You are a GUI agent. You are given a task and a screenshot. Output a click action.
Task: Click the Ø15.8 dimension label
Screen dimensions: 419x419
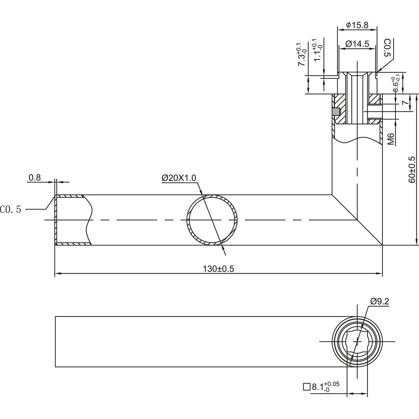coord(357,25)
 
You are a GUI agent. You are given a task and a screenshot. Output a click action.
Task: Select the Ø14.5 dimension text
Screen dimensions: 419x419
coord(357,44)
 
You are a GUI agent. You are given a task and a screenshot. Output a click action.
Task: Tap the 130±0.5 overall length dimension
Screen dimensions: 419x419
coord(218,269)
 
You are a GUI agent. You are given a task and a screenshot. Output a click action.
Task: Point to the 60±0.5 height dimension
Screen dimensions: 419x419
coord(412,170)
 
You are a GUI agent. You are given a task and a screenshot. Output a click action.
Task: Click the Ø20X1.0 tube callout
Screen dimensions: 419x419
coord(179,178)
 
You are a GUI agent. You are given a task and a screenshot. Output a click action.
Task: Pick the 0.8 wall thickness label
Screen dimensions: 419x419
coord(34,178)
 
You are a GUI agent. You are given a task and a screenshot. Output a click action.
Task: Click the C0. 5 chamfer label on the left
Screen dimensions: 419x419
coord(11,209)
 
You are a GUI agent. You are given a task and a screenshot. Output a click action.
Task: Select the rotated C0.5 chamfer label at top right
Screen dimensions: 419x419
coord(387,48)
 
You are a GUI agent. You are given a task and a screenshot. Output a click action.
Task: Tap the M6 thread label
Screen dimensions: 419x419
coord(391,139)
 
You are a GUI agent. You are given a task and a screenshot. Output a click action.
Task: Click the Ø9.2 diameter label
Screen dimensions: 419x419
coord(380,301)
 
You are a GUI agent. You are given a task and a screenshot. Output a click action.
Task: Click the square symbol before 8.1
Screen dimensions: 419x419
coord(307,387)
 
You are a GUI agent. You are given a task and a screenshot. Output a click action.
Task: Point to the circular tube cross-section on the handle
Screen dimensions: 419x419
coord(212,220)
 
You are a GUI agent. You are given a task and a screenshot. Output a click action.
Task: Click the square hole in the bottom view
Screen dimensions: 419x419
coord(357,341)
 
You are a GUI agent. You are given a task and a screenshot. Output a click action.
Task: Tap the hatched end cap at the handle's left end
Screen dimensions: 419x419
coord(56,220)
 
